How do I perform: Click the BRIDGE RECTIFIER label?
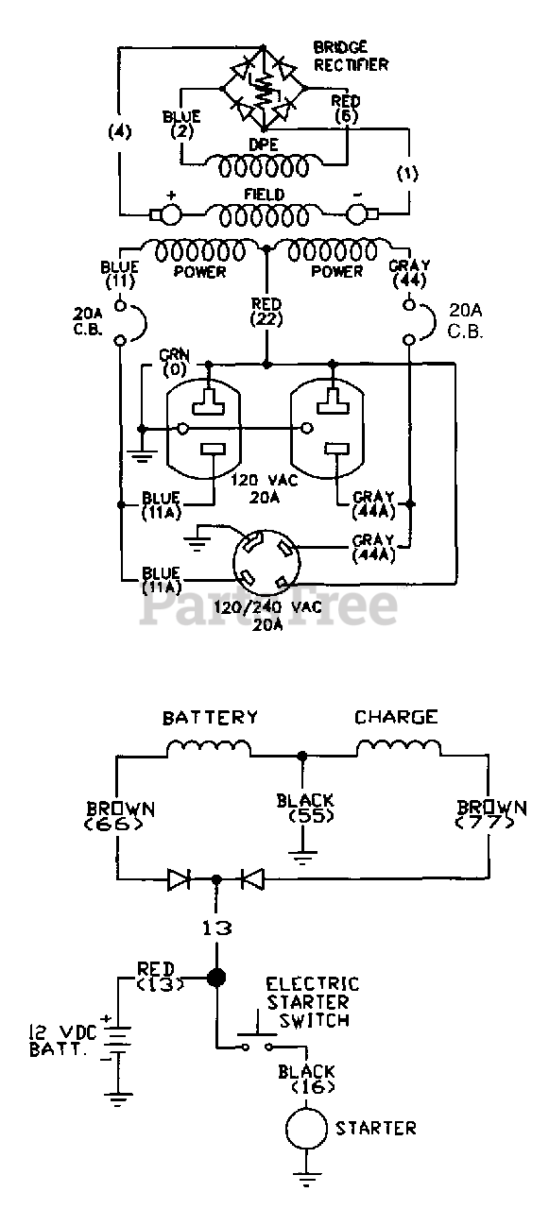(351, 56)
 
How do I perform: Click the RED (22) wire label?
(266, 312)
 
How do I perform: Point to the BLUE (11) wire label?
(120, 274)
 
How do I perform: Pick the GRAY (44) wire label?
(410, 273)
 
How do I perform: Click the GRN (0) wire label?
(175, 361)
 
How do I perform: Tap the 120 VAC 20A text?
(265, 488)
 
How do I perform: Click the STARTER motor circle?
(306, 1128)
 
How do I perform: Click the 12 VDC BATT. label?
(63, 1041)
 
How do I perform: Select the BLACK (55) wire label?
(305, 808)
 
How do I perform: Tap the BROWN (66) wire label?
(121, 817)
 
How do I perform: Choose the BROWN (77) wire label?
(491, 815)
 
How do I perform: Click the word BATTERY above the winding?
(211, 717)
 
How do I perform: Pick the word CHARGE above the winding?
(396, 717)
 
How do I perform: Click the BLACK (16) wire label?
(306, 1079)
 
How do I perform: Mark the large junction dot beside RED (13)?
(216, 977)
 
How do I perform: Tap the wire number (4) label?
(120, 131)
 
